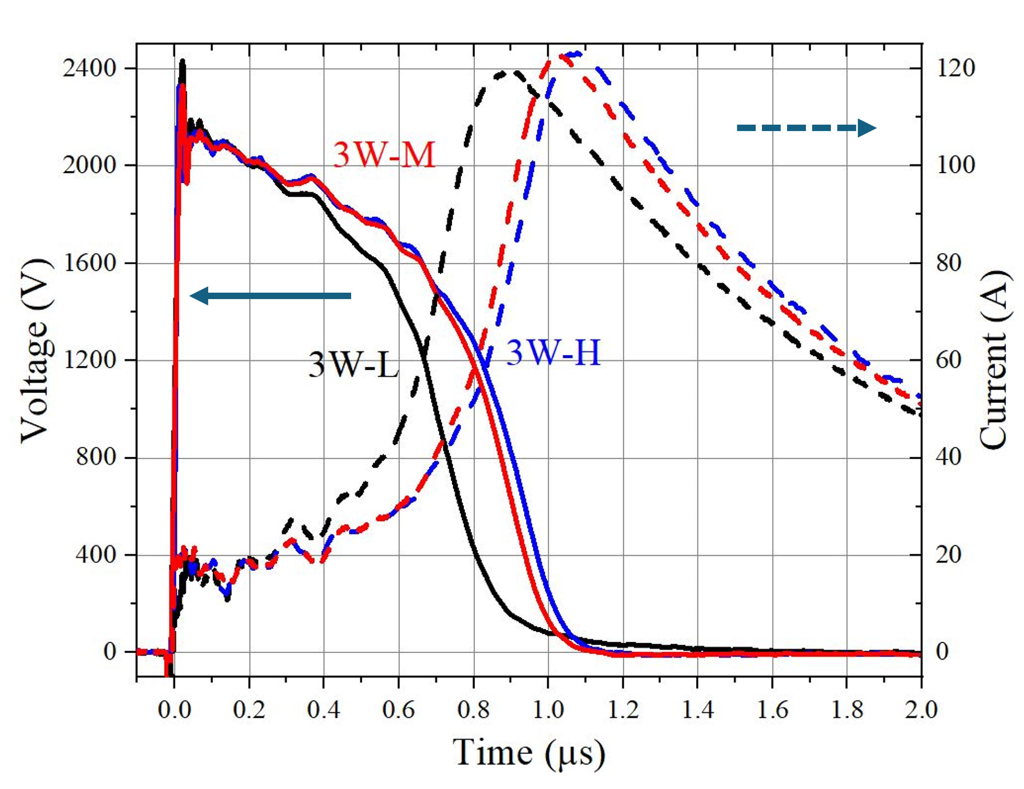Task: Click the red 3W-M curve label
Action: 384,155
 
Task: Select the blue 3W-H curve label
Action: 553,352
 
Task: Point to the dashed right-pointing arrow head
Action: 866,127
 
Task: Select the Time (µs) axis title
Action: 529,752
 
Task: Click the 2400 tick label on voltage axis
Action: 89,68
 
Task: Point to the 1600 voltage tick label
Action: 89,263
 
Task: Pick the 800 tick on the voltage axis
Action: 96,457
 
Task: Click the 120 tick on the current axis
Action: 956,68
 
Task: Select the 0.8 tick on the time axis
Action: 473,709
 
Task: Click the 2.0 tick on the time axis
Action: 921,709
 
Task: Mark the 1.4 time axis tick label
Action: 697,709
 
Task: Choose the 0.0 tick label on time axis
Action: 174,709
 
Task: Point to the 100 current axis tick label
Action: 956,165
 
